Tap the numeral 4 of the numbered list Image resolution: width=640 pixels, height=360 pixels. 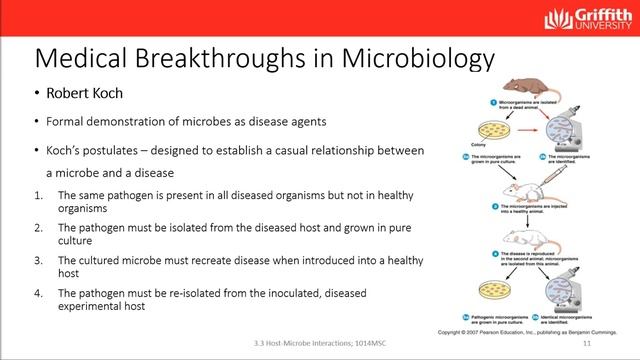(39, 293)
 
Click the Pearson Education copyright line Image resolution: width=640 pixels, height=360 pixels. (535, 329)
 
